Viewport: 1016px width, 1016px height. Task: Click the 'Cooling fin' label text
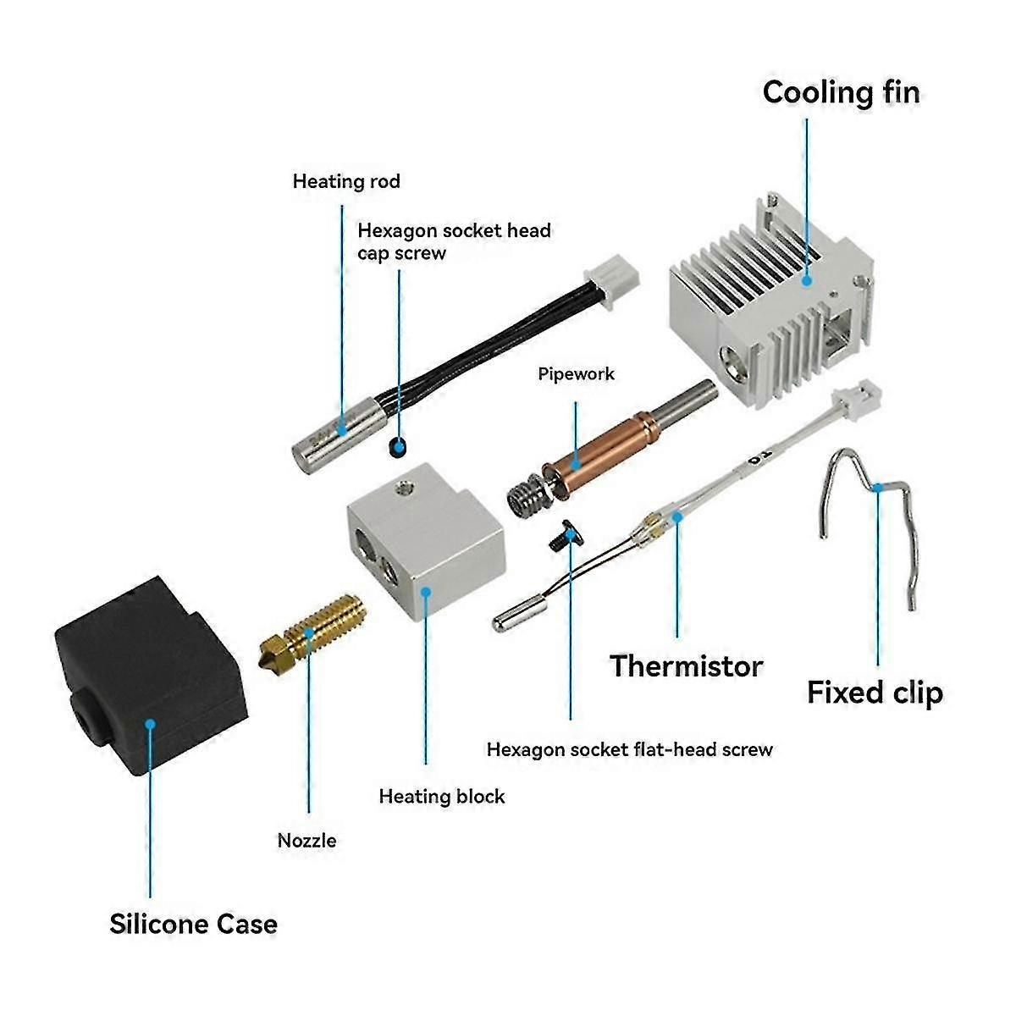pyautogui.click(x=840, y=92)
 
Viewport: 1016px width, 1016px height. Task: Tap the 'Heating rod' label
pyautogui.click(x=346, y=181)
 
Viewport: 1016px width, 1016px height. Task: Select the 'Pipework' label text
pyautogui.click(x=577, y=374)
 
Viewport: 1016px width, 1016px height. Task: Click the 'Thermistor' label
pyautogui.click(x=687, y=666)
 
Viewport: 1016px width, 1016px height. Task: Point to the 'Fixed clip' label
pyautogui.click(x=875, y=693)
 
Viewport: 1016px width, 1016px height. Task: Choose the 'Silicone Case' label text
pyautogui.click(x=193, y=924)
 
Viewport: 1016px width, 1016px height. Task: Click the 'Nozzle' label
pyautogui.click(x=306, y=841)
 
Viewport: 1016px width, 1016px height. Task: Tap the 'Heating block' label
pyautogui.click(x=441, y=797)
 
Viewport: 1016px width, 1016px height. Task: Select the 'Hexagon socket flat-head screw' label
pyautogui.click(x=629, y=749)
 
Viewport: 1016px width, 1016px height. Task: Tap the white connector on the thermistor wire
pyautogui.click(x=858, y=395)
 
